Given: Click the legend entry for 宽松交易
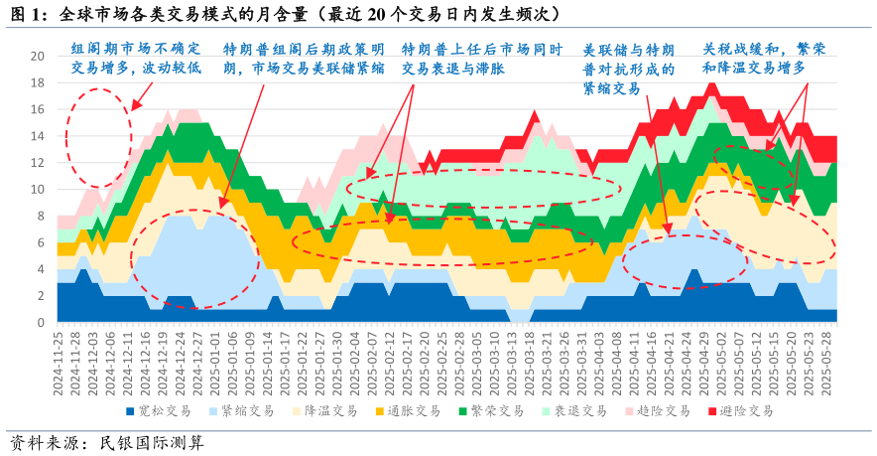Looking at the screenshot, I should (x=160, y=410).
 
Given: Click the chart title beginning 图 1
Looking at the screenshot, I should (x=283, y=14).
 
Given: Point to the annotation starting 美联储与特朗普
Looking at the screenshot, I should (x=628, y=69).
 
